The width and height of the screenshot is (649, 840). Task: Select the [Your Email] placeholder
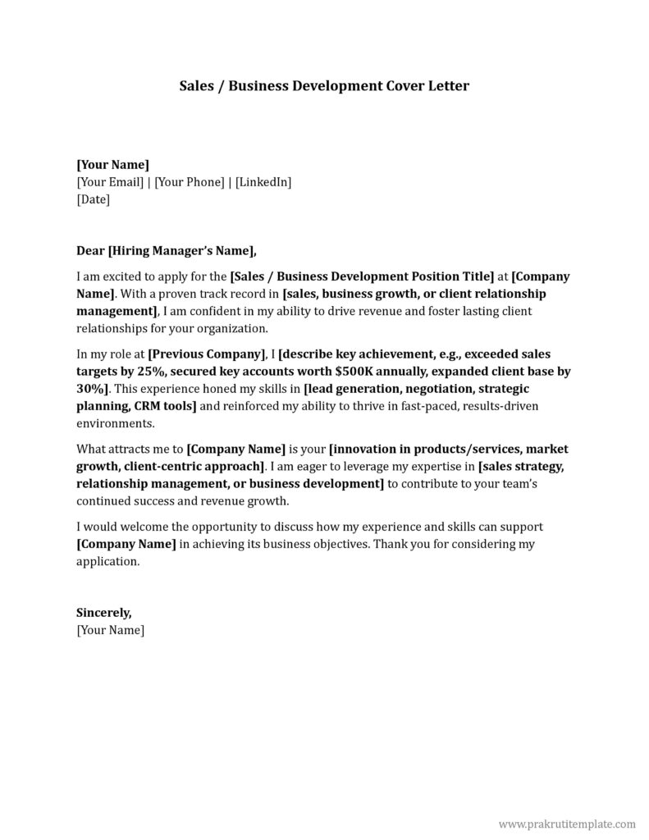[110, 181]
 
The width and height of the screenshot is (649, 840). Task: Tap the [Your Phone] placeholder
[189, 181]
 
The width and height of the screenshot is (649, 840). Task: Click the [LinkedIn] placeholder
[263, 181]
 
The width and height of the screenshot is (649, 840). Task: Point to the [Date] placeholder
[93, 199]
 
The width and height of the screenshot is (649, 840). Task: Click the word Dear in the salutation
[90, 251]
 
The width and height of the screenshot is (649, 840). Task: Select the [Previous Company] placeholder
[207, 354]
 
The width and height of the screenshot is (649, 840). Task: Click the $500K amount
[354, 371]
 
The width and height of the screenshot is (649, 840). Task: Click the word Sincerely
[103, 613]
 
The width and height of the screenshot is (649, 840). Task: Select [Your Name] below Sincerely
[110, 630]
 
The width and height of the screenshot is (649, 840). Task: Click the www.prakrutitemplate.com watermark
[567, 824]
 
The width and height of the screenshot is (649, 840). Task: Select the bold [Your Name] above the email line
[112, 164]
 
